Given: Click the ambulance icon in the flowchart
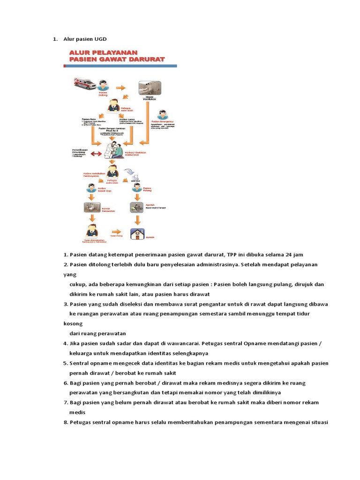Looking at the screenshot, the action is click(x=84, y=83).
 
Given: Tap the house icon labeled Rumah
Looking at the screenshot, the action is click(x=138, y=233).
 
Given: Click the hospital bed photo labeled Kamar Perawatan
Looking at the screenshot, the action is click(x=90, y=207).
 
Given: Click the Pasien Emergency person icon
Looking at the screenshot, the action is click(x=163, y=115).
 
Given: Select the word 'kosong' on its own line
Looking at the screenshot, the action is click(x=73, y=324).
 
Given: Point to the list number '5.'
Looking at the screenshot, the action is click(x=66, y=363).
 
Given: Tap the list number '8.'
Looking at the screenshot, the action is click(x=66, y=422).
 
